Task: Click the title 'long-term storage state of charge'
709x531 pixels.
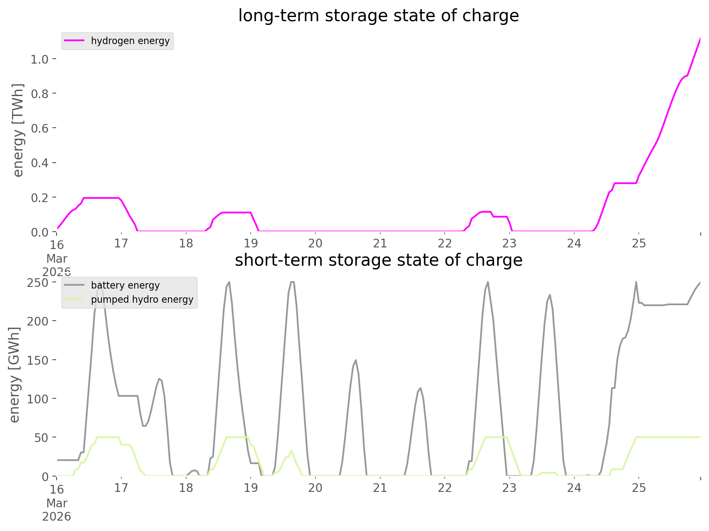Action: pos(378,16)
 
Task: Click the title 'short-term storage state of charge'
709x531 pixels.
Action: pos(378,260)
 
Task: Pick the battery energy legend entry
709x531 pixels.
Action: pos(125,285)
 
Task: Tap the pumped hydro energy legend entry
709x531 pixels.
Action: pos(142,299)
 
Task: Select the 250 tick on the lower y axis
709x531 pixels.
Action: pos(38,283)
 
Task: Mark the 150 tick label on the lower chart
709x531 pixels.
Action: pos(38,360)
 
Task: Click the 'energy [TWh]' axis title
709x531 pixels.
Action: pos(18,130)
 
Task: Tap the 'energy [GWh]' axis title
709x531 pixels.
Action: pos(15,375)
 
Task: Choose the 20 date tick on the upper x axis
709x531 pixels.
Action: pos(315,243)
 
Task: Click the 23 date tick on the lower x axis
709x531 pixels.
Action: pos(510,488)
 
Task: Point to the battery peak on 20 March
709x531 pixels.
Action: pos(356,361)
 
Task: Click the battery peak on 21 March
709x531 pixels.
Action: pos(421,388)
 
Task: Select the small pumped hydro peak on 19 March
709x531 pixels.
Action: pos(291,450)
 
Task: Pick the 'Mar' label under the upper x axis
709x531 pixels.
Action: pos(57,259)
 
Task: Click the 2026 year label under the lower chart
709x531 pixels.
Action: pos(57,517)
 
